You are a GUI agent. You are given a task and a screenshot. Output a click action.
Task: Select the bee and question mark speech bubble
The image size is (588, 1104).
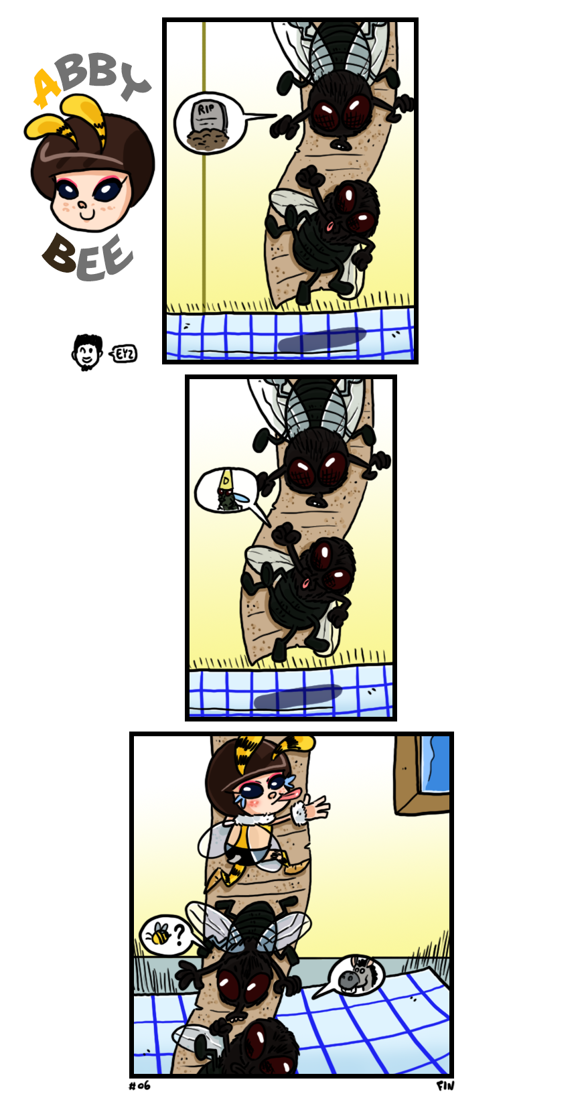pyautogui.click(x=168, y=934)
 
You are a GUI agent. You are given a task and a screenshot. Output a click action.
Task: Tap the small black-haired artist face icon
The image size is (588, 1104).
pyautogui.click(x=88, y=352)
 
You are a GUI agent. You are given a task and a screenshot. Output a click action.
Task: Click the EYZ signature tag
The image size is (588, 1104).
pyautogui.click(x=124, y=354)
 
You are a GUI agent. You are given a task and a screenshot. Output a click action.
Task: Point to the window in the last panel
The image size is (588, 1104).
pyautogui.click(x=423, y=774)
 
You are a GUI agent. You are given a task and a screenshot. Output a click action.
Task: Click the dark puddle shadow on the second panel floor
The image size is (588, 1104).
pyautogui.click(x=298, y=696)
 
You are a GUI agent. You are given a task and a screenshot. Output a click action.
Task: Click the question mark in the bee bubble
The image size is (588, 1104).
pyautogui.click(x=179, y=935)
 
